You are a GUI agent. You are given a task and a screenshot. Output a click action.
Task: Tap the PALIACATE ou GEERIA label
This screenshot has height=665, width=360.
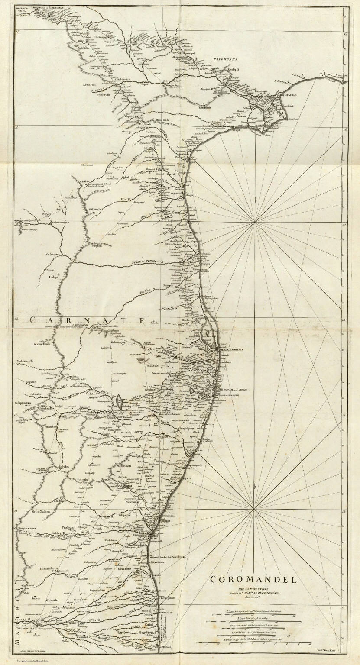233,350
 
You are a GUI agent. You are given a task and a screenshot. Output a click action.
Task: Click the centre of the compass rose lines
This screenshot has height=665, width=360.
256,222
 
